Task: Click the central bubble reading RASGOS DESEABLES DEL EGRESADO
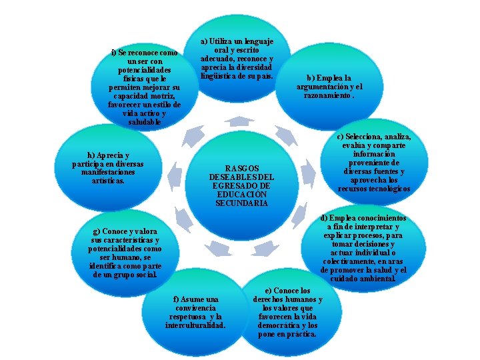pos(241,185)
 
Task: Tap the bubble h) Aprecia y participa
pos(108,167)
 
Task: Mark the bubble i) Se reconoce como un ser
pos(144,87)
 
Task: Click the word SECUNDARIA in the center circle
pos(241,203)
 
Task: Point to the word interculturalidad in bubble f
pos(195,325)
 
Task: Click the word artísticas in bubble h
pos(108,180)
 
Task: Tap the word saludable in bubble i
pos(144,122)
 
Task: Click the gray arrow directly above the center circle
pos(239,121)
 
